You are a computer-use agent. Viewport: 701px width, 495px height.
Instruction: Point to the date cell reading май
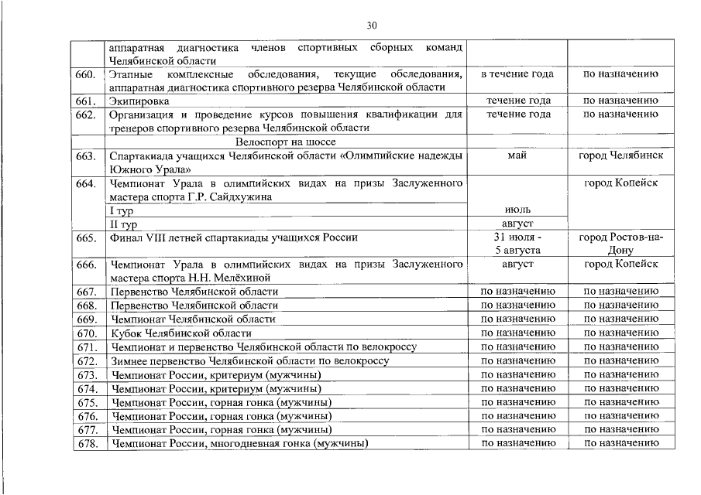517,155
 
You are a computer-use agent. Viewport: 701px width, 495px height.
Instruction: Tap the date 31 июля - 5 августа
517,244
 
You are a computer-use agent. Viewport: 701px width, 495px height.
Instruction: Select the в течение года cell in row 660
517,74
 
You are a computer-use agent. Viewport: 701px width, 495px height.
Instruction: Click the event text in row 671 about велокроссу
263,347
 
